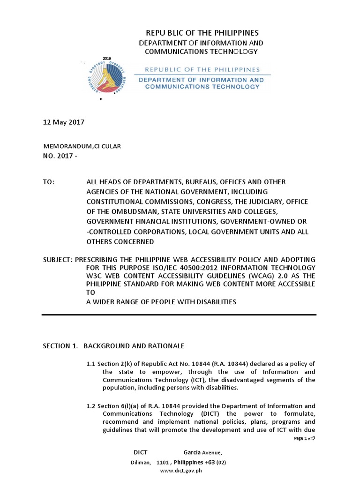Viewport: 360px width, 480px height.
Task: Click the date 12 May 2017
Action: click(x=63, y=122)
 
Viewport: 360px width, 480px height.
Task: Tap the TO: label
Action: click(x=49, y=181)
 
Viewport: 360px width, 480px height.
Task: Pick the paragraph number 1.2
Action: click(x=90, y=406)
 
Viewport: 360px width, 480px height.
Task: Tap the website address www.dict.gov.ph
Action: click(x=180, y=471)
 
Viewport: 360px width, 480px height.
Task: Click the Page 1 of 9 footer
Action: click(x=304, y=438)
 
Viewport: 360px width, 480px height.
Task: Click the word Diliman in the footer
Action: click(x=141, y=462)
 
